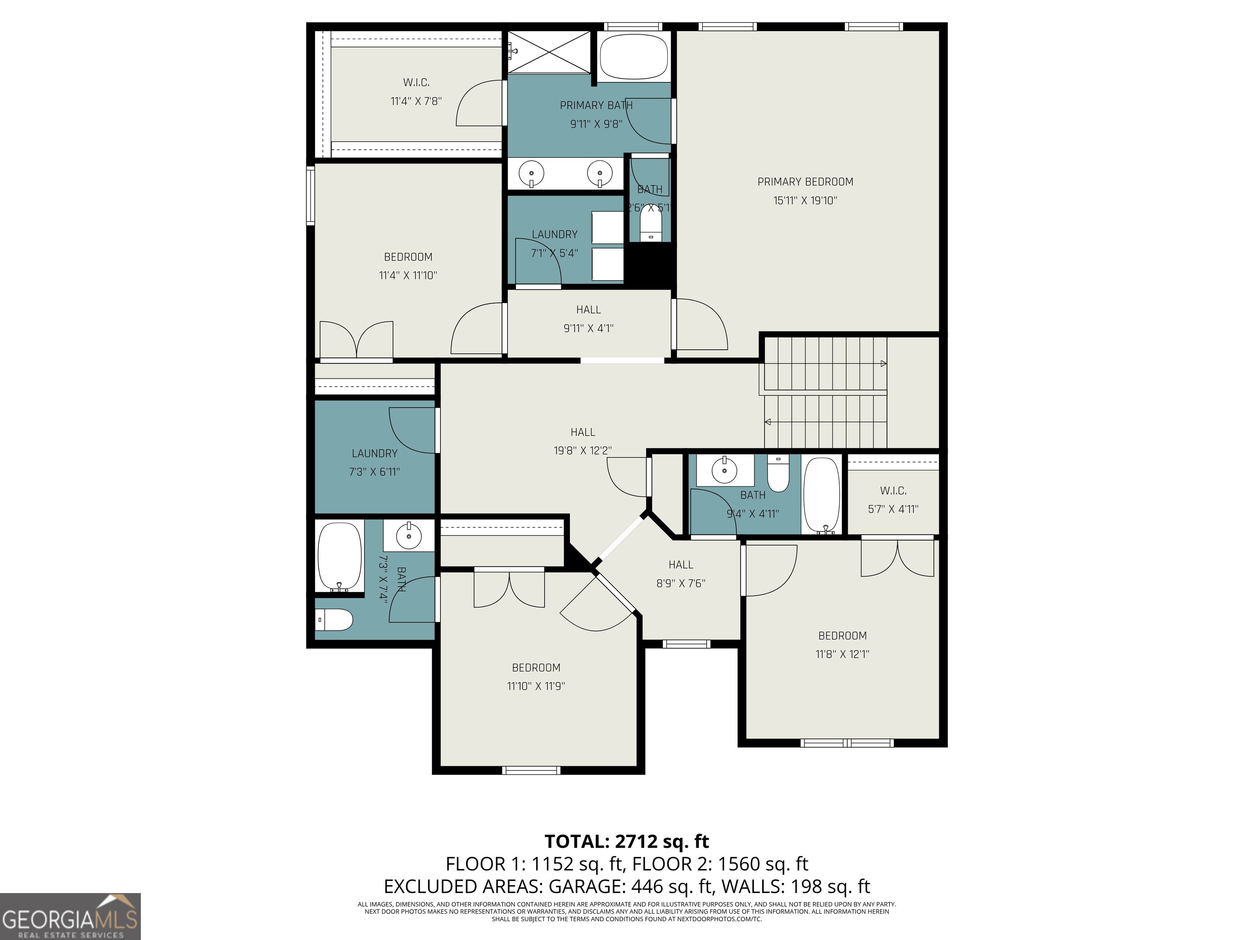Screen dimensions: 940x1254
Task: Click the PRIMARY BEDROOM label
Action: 805,182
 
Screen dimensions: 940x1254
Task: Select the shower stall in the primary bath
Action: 549,52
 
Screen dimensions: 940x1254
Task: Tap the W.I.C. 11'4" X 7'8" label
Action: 416,92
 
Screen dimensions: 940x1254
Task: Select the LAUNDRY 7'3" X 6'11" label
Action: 374,462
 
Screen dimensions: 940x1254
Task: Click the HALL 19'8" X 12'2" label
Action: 583,441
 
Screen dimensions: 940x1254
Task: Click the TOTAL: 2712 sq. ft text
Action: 627,841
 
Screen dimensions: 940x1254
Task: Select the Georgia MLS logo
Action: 70,916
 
